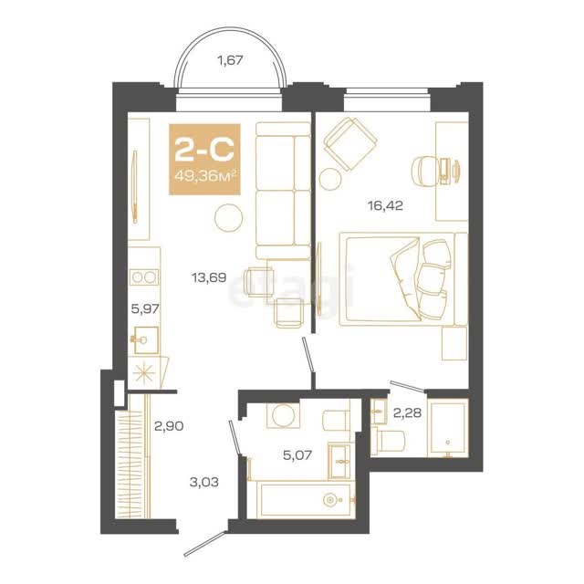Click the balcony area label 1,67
click(230, 60)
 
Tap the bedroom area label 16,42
click(385, 205)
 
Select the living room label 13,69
click(209, 277)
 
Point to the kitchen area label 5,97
click(145, 308)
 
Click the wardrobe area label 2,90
click(169, 426)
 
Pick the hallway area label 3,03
click(204, 483)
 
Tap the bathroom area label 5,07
click(297, 454)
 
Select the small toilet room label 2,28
click(408, 412)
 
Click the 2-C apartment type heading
click(204, 150)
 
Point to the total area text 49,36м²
click(205, 176)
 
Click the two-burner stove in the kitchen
click(144, 277)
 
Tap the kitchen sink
click(146, 340)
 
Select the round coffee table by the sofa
click(229, 218)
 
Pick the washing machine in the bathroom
click(283, 415)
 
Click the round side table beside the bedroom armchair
click(330, 179)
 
